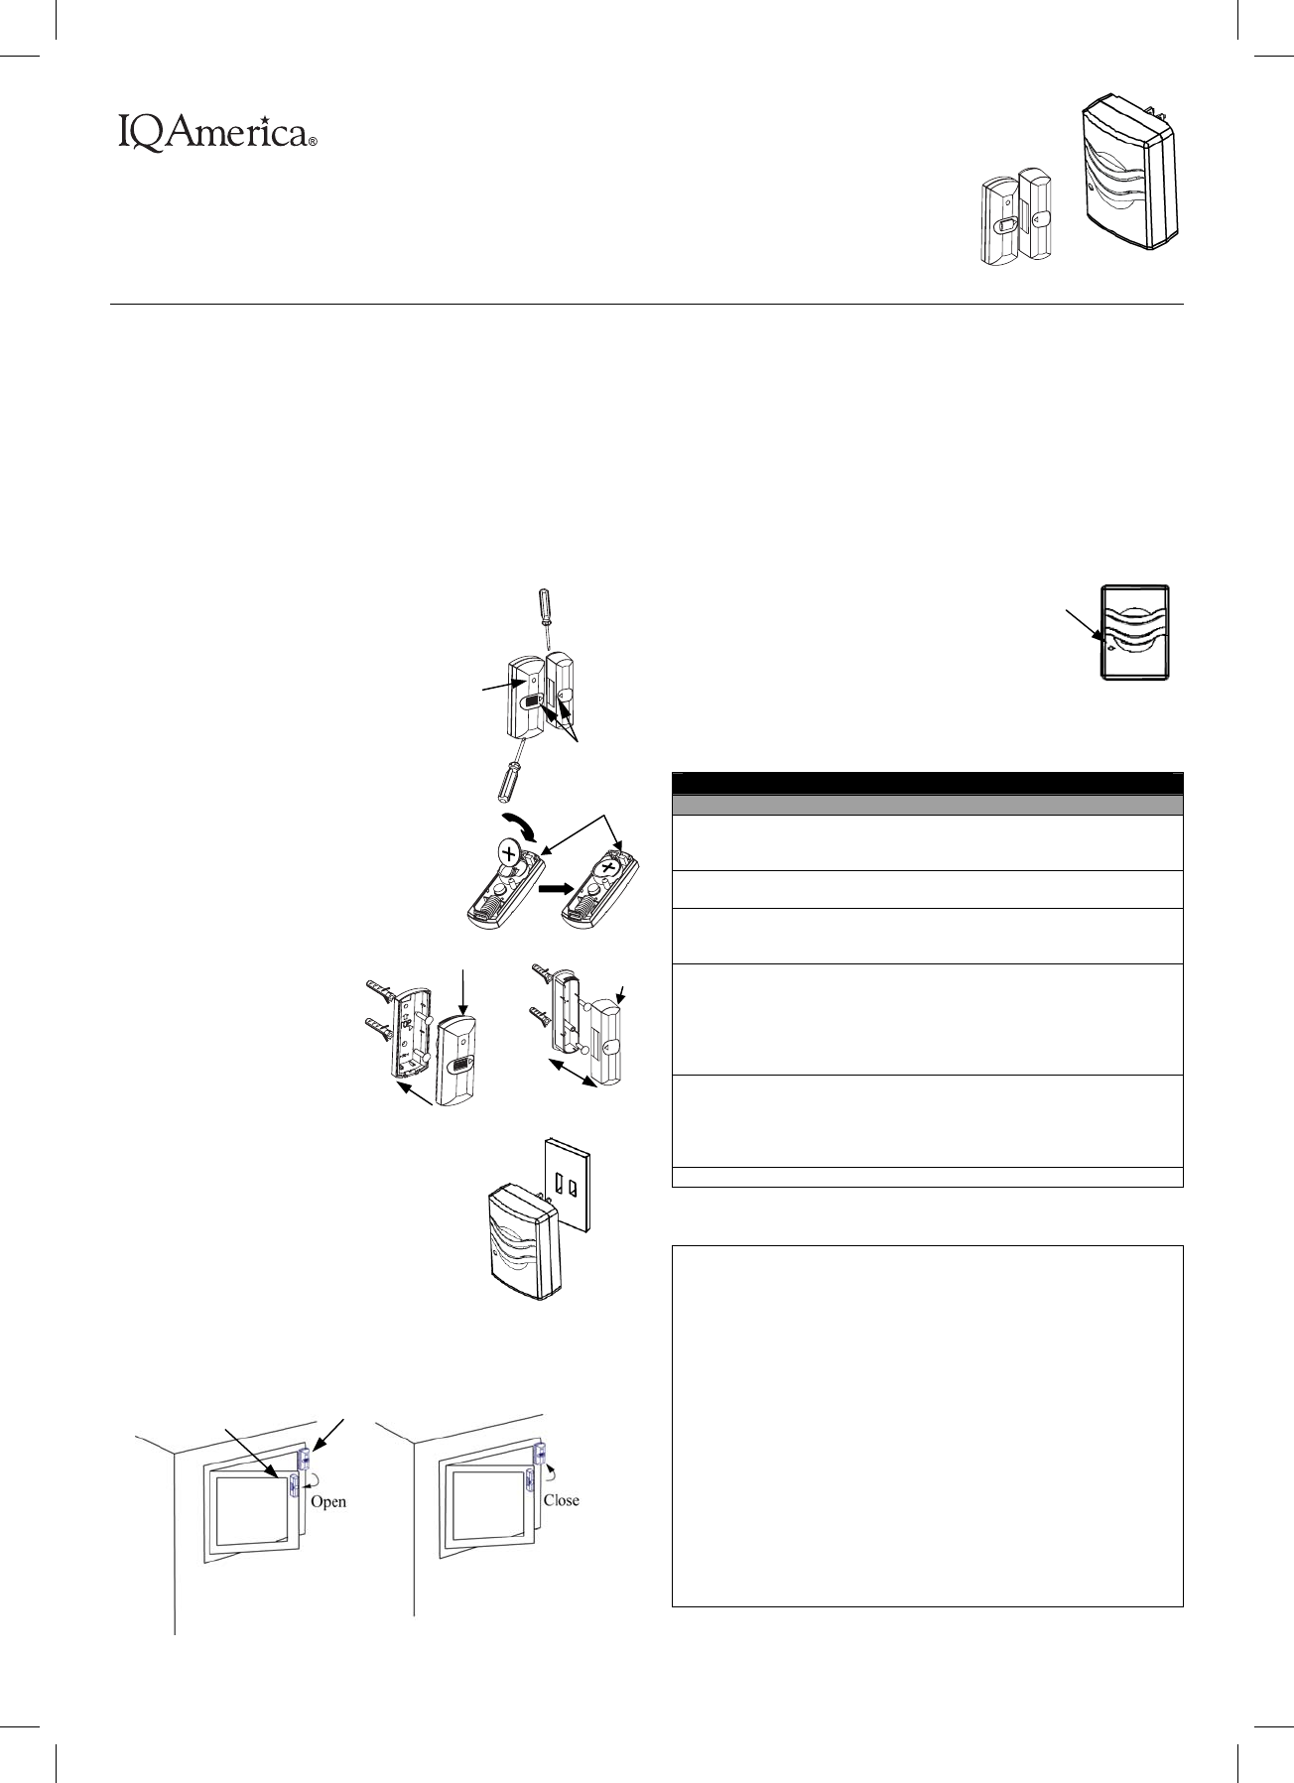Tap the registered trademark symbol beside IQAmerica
(x=313, y=143)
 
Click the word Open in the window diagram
(x=328, y=1501)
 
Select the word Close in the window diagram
(x=561, y=1499)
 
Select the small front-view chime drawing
(x=1136, y=632)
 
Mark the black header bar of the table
(x=927, y=783)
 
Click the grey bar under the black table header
(x=927, y=805)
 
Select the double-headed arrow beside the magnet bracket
(x=574, y=1074)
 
